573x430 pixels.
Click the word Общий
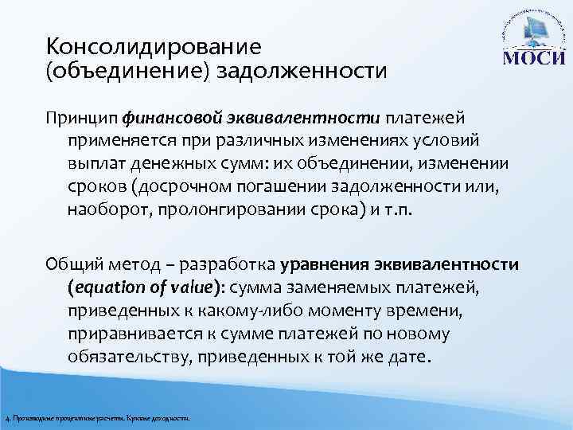pyautogui.click(x=72, y=264)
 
